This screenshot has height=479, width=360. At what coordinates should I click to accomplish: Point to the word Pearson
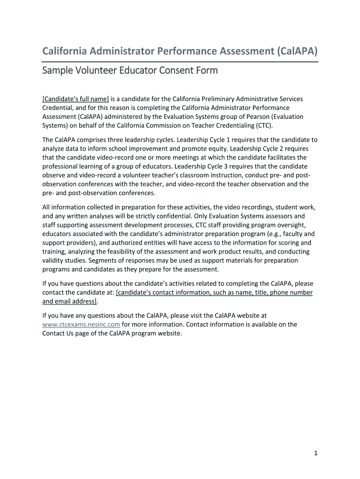255,116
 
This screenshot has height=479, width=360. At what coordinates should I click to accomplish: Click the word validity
54,261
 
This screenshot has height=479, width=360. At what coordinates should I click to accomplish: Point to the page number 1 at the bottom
316,453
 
